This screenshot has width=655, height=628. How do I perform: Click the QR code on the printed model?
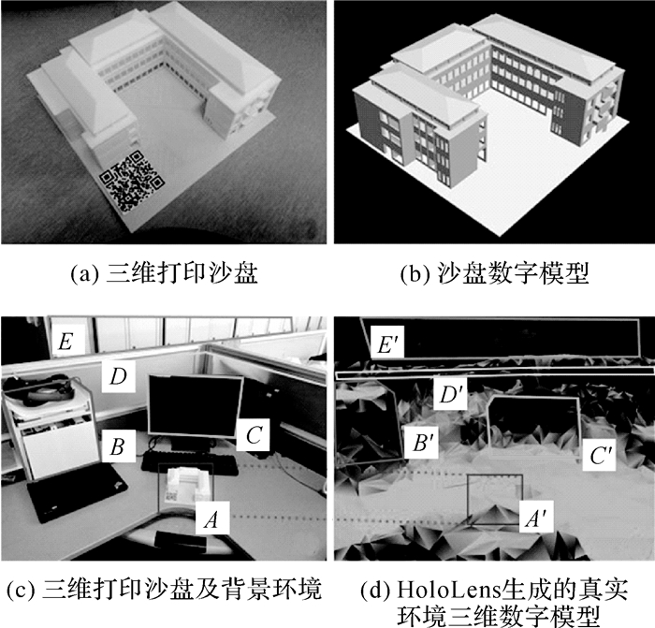[x=132, y=182]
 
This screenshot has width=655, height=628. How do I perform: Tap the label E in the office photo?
[x=66, y=342]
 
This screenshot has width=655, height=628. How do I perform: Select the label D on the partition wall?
[x=118, y=376]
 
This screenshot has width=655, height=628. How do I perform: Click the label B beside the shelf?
[x=118, y=445]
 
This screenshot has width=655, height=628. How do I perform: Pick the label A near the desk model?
[x=212, y=518]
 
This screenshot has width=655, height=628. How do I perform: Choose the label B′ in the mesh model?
[x=421, y=443]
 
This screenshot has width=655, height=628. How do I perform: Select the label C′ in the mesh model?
[x=600, y=456]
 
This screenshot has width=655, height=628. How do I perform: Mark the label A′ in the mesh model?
[x=536, y=517]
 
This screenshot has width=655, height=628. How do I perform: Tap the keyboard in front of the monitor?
[x=190, y=463]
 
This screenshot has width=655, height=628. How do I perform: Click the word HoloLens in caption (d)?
[x=448, y=590]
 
